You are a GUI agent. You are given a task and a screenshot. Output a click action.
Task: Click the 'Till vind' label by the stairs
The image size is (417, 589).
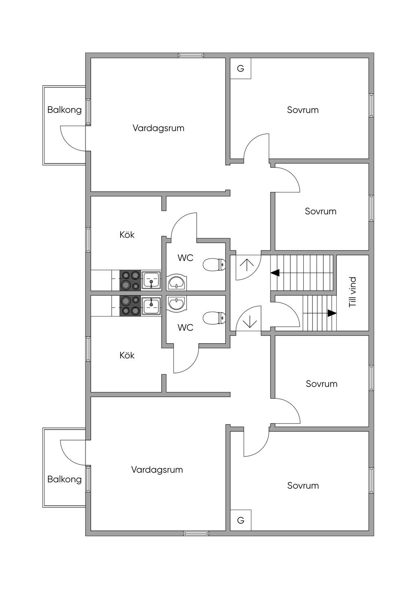click(x=353, y=292)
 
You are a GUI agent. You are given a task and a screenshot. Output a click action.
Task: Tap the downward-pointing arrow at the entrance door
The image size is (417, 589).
click(x=249, y=322)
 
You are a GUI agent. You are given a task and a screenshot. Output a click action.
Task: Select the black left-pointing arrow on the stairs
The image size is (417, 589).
click(x=275, y=273)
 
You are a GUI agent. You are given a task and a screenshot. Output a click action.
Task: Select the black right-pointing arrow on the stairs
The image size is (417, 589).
click(x=332, y=313)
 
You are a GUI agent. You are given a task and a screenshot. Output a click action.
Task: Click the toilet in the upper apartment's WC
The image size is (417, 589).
click(x=214, y=265)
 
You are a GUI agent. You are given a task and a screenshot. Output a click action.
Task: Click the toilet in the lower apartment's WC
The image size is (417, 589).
click(x=214, y=318)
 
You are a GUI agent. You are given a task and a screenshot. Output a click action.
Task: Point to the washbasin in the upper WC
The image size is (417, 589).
click(x=177, y=282)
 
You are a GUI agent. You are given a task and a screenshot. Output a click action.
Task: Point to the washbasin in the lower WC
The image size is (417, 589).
click(x=177, y=303)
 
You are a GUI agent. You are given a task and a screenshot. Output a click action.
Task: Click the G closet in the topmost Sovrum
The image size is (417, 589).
click(x=241, y=68)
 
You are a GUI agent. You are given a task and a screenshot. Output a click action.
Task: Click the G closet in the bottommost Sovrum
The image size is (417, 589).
click(x=241, y=520)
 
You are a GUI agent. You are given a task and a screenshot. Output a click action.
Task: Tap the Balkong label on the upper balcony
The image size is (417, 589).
click(x=64, y=110)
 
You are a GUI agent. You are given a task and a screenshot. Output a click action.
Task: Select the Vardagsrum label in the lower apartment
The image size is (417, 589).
click(x=157, y=470)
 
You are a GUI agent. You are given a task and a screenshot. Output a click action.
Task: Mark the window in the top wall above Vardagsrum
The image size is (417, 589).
click(x=191, y=55)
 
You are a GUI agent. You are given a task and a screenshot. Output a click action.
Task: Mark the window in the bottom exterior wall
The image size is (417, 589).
click(x=196, y=533)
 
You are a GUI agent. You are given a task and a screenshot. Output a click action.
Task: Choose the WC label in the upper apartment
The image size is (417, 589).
click(x=185, y=258)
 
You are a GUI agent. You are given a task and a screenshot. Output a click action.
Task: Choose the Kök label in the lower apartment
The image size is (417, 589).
click(x=127, y=356)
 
